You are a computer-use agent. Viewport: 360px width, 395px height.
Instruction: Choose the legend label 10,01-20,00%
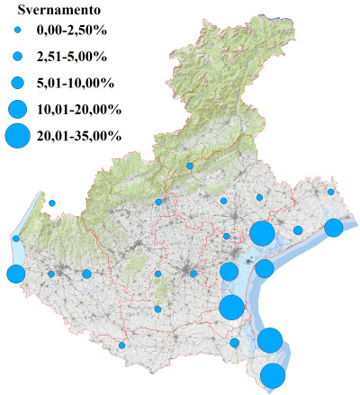point(79,110)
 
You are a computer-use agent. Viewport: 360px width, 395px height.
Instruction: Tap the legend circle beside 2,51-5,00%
point(17,57)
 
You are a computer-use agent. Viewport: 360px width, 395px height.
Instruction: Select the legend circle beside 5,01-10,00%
point(17,83)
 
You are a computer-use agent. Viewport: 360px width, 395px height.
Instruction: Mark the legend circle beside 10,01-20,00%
point(17,110)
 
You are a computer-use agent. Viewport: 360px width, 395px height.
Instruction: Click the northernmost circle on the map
point(190,166)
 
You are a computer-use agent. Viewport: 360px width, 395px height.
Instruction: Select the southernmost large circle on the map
point(273,376)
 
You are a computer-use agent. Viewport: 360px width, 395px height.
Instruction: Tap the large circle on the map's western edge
point(15,274)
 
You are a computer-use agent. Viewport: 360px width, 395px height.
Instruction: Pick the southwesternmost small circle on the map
point(122,346)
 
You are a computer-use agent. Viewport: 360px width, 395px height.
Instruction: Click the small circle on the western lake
point(16,238)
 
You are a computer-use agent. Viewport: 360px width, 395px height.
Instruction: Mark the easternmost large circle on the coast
point(333,228)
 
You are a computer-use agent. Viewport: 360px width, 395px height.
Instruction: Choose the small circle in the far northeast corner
point(331,192)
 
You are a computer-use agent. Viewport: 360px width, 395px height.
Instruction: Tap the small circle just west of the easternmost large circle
point(298,230)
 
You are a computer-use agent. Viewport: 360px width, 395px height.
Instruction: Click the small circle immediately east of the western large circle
point(51,274)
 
